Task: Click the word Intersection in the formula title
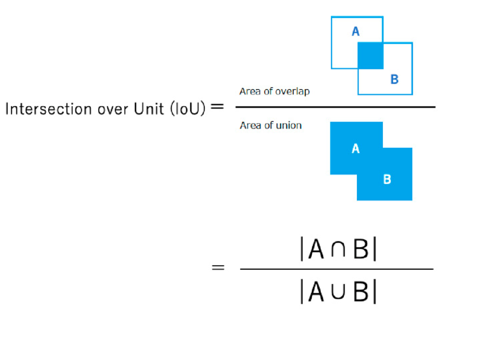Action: pyautogui.click(x=49, y=109)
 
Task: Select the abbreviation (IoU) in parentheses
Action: pyautogui.click(x=188, y=108)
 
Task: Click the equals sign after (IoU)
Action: pyautogui.click(x=217, y=107)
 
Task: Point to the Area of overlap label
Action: pyautogui.click(x=274, y=91)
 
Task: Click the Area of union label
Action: pyautogui.click(x=270, y=125)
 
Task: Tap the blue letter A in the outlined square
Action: pyautogui.click(x=355, y=32)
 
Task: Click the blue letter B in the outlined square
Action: pyautogui.click(x=395, y=80)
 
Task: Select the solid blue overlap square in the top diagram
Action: pyautogui.click(x=370, y=56)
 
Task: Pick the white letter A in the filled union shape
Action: pyautogui.click(x=355, y=148)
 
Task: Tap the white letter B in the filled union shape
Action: pyautogui.click(x=387, y=179)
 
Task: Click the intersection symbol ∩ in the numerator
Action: pyautogui.click(x=338, y=249)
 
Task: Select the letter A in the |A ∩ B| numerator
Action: pyautogui.click(x=316, y=249)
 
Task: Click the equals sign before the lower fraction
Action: pyautogui.click(x=218, y=267)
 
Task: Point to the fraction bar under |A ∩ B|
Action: pyautogui.click(x=337, y=269)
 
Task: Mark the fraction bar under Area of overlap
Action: pyautogui.click(x=335, y=107)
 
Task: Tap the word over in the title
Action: pyautogui.click(x=112, y=110)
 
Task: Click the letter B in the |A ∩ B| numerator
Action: pyautogui.click(x=361, y=249)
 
